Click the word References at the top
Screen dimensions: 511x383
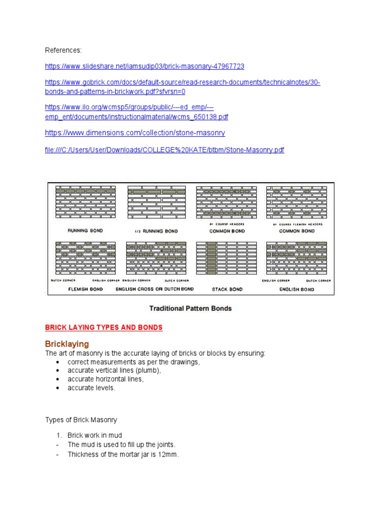tap(63, 50)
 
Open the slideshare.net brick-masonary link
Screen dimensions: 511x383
tap(145, 66)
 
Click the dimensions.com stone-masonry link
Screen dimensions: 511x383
tap(135, 133)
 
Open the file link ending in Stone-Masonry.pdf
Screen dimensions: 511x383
tap(165, 150)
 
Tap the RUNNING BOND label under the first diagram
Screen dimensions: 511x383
tap(85, 231)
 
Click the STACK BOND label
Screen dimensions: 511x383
tap(227, 289)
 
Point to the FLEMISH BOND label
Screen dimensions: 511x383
tap(85, 289)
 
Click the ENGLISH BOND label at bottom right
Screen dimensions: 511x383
tap(297, 289)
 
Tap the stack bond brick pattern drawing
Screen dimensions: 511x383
tap(227, 258)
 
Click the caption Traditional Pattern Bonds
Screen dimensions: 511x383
tap(191, 308)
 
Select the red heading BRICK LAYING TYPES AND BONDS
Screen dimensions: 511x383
tap(104, 328)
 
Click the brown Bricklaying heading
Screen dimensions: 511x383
tap(67, 344)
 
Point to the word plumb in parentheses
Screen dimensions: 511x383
tap(151, 370)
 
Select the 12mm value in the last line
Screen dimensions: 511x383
tap(169, 455)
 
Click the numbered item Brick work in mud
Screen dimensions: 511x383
tap(95, 436)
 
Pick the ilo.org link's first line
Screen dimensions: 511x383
tap(130, 107)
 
